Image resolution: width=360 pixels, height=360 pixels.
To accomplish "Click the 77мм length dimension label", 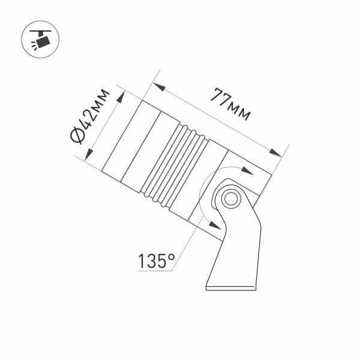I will (x=230, y=105).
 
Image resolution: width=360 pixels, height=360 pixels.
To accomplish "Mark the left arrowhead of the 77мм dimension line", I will (x=161, y=87).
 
